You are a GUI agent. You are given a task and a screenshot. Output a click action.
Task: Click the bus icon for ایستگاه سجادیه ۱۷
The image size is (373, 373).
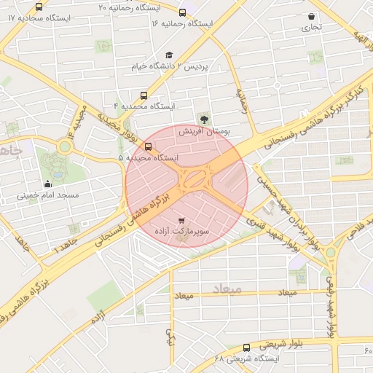coord(39,7)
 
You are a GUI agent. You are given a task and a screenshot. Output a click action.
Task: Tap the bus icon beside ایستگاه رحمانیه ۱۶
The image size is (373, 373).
coord(181,12)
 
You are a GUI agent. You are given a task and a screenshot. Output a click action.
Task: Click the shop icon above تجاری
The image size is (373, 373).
coord(312,16)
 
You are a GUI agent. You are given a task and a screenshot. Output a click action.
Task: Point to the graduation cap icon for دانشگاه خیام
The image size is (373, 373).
coord(169,55)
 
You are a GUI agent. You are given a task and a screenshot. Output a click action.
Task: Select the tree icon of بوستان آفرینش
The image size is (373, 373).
coord(203,118)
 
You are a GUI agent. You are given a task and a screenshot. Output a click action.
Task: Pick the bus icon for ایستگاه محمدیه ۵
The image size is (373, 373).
coord(149,146)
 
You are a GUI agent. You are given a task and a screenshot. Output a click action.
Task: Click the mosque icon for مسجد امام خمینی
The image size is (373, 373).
coord(48,183)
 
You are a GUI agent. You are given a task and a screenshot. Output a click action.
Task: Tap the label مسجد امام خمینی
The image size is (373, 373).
coord(48,196)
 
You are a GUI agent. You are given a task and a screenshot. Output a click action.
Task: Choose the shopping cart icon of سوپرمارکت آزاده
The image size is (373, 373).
coord(181,219)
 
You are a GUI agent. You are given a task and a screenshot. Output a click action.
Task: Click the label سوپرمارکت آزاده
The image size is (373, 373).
coord(181,230)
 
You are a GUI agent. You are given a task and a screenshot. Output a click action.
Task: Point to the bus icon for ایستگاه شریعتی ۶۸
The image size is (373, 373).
coord(246,348)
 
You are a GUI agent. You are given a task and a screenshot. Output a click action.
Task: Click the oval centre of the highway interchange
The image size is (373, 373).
coord(194,177)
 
